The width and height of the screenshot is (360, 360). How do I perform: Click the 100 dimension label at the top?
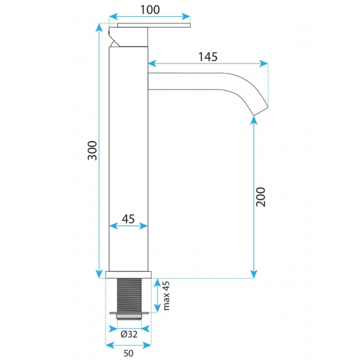click(x=150, y=10)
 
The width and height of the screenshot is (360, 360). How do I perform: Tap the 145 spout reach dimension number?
click(x=208, y=57)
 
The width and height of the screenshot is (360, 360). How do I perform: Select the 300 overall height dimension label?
click(x=92, y=151)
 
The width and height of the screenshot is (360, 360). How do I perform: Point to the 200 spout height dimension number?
click(x=260, y=197)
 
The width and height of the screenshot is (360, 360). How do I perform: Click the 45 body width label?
click(x=128, y=219)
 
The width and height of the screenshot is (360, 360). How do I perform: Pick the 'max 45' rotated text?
click(x=166, y=296)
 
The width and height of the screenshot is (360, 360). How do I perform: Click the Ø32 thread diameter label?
click(x=129, y=334)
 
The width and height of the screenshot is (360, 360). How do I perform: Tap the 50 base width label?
click(x=128, y=353)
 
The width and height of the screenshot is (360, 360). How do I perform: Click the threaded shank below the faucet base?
click(x=129, y=295)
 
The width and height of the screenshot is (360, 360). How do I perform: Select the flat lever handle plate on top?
click(x=154, y=25)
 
